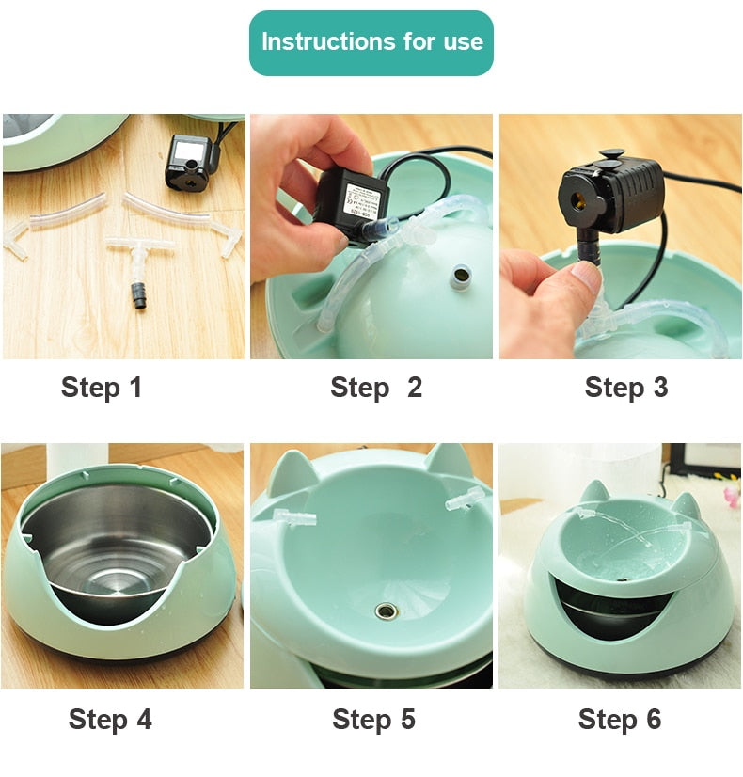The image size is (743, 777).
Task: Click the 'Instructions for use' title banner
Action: pyautogui.click(x=371, y=42)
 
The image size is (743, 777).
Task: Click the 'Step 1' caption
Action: pyautogui.click(x=102, y=387)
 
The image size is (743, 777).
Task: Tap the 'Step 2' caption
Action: pyautogui.click(x=375, y=387)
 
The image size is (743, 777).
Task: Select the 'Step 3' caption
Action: pyautogui.click(x=625, y=387)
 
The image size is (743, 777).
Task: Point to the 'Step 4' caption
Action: pyautogui.click(x=110, y=720)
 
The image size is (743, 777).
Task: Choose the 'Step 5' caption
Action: pyautogui.click(x=373, y=720)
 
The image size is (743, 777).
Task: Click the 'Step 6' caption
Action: pyautogui.click(x=619, y=720)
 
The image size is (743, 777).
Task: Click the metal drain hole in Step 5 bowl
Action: pyautogui.click(x=385, y=611)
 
